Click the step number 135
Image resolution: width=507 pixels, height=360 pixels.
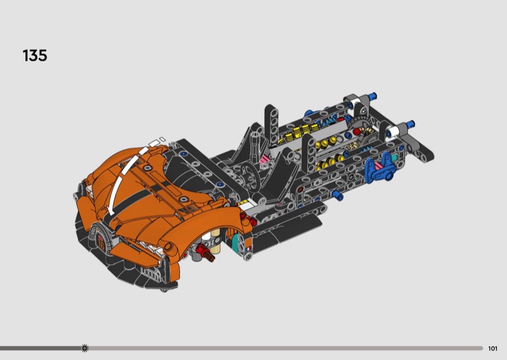pos(35,56)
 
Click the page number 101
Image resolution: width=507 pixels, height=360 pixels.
pos(492,349)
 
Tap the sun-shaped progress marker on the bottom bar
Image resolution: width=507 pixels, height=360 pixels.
pos(85,348)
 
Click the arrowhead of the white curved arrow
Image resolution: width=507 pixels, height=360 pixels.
pos(110,211)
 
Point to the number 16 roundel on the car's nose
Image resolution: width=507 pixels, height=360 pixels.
pos(101,243)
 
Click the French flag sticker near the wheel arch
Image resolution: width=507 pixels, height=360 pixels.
pos(248,248)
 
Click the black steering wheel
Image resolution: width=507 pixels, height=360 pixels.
pos(249,176)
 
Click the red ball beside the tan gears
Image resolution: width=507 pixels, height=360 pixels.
pos(356,131)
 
